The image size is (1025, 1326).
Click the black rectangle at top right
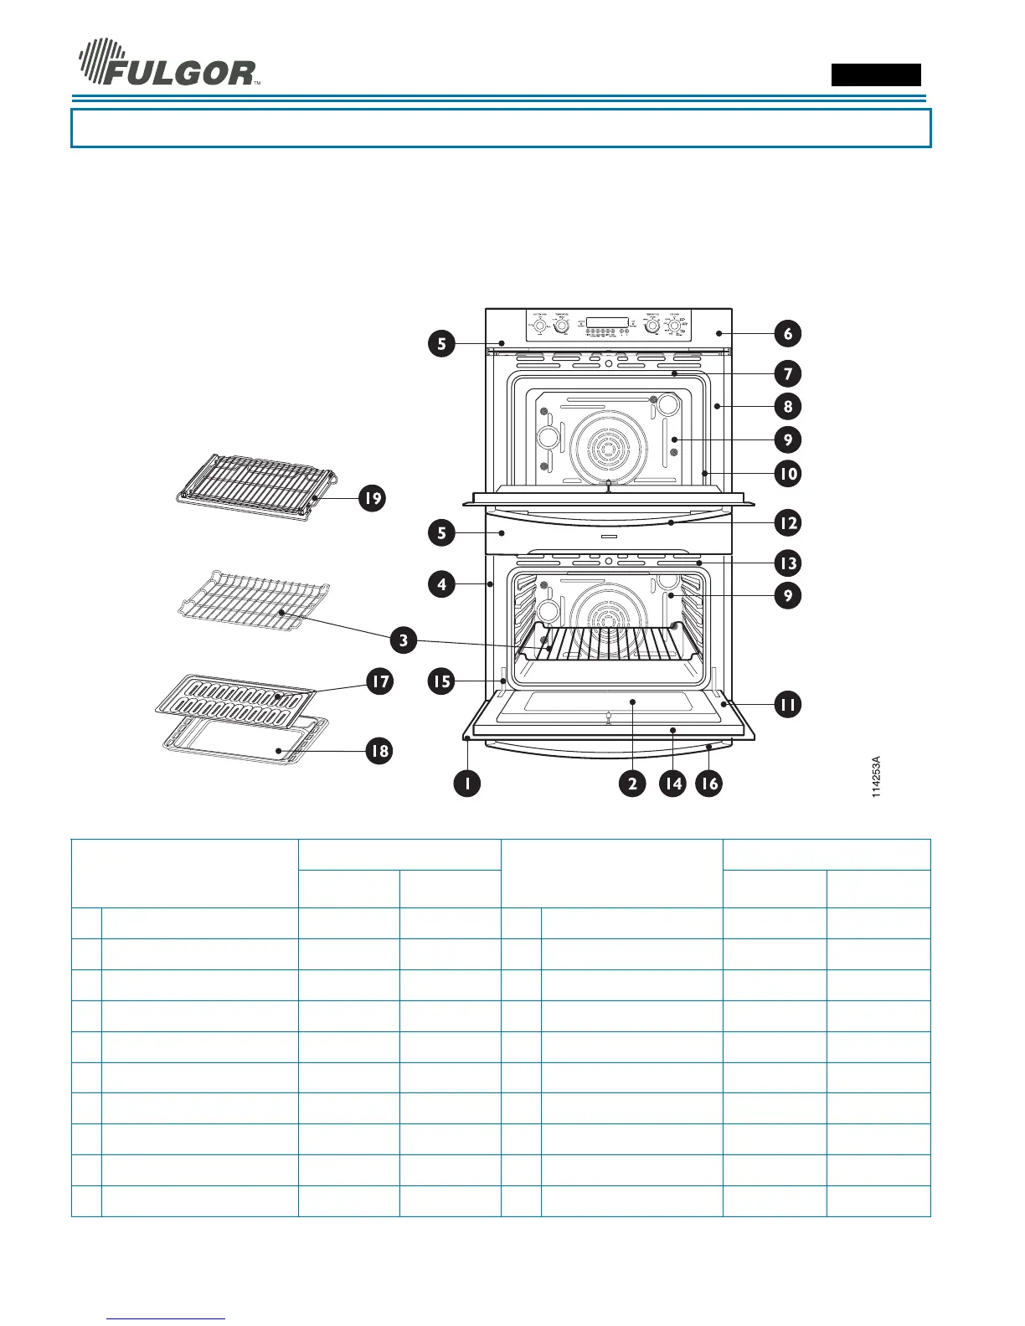tap(876, 75)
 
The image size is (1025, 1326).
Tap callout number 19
tap(372, 498)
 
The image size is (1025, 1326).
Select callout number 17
tap(380, 681)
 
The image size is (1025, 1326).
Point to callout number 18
tap(379, 750)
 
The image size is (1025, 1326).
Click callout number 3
tap(403, 641)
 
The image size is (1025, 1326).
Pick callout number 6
tap(787, 333)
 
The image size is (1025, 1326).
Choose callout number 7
tap(787, 373)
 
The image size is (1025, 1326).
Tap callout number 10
tap(787, 473)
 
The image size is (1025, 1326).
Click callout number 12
tap(787, 523)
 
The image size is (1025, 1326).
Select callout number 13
tap(787, 563)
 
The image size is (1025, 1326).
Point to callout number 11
tap(787, 704)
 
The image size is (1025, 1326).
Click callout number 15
tap(441, 681)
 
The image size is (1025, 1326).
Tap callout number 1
tap(466, 784)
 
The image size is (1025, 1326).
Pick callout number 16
tap(708, 784)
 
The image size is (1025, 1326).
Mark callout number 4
tap(441, 583)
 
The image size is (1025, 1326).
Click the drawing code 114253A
tap(876, 776)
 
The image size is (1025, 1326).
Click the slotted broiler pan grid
tap(236, 694)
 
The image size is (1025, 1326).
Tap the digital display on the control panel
tap(607, 323)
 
